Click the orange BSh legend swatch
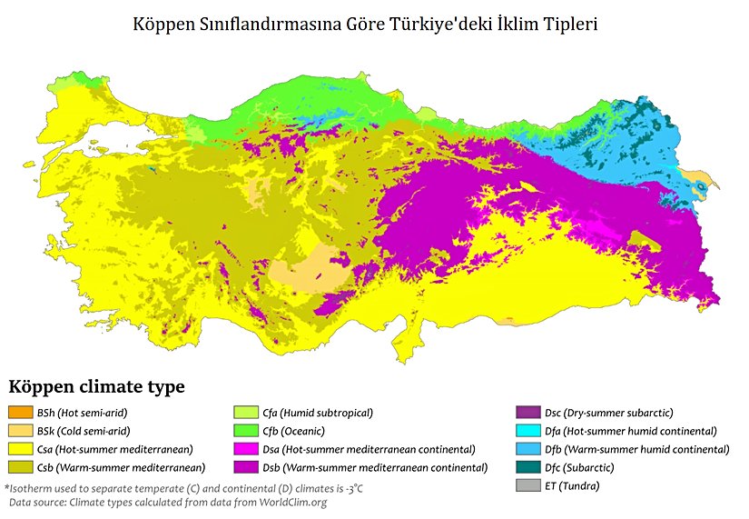[20, 413]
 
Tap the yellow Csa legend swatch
[20, 449]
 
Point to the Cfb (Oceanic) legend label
[293, 431]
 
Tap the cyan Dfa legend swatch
[529, 431]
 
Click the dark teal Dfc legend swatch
[529, 467]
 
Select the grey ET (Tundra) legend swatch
[529, 485]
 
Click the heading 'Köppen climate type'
[96, 386]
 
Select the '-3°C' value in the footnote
[350, 488]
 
